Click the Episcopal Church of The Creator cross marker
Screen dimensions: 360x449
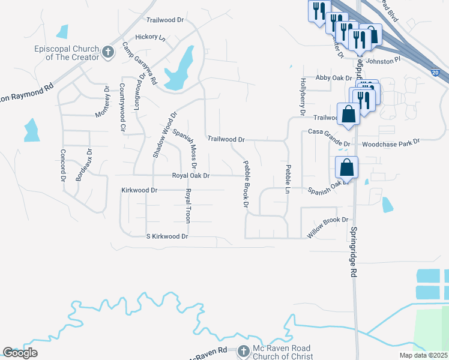click(x=108, y=52)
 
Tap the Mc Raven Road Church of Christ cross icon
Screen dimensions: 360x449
click(x=243, y=351)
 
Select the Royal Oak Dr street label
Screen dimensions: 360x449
click(x=191, y=176)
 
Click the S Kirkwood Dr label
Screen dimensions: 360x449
click(x=167, y=236)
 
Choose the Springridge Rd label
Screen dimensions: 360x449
click(x=354, y=251)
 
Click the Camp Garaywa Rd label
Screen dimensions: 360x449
click(x=140, y=63)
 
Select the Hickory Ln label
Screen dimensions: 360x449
click(x=150, y=37)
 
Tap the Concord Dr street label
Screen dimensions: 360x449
click(x=62, y=165)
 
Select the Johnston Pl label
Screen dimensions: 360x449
click(x=382, y=60)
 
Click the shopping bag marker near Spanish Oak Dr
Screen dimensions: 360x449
click(x=346, y=167)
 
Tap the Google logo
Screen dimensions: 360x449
click(x=20, y=353)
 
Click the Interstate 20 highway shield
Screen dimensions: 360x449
click(x=435, y=73)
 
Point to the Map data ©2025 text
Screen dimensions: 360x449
click(x=423, y=355)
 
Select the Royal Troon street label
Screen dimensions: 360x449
click(x=188, y=206)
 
